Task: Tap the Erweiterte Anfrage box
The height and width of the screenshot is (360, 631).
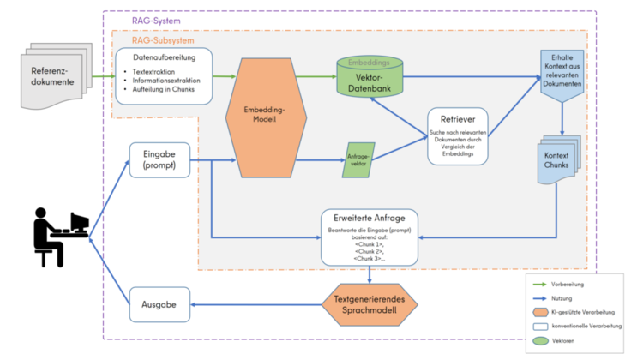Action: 370,237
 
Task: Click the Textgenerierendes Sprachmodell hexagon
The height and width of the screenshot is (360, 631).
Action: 370,304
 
